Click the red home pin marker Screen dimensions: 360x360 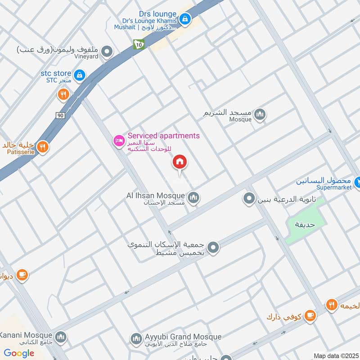coord(180,162)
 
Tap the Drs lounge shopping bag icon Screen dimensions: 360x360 coord(184,19)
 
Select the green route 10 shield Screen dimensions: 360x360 coord(139,44)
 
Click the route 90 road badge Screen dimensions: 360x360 coord(60,116)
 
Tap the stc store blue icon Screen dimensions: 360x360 coord(80,75)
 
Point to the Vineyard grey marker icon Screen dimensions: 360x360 coord(107,53)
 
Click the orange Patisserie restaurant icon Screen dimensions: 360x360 coord(42,147)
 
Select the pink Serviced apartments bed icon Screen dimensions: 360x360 coord(119,141)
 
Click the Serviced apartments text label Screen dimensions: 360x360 coord(163,135)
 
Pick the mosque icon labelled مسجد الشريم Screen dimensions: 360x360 coord(260,115)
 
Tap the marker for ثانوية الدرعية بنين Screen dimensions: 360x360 coord(249,198)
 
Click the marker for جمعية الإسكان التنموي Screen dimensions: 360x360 coord(213,247)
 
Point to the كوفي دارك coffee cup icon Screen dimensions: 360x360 coord(310,316)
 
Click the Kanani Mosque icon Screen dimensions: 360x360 coord(61,337)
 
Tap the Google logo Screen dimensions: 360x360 coord(19,353)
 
